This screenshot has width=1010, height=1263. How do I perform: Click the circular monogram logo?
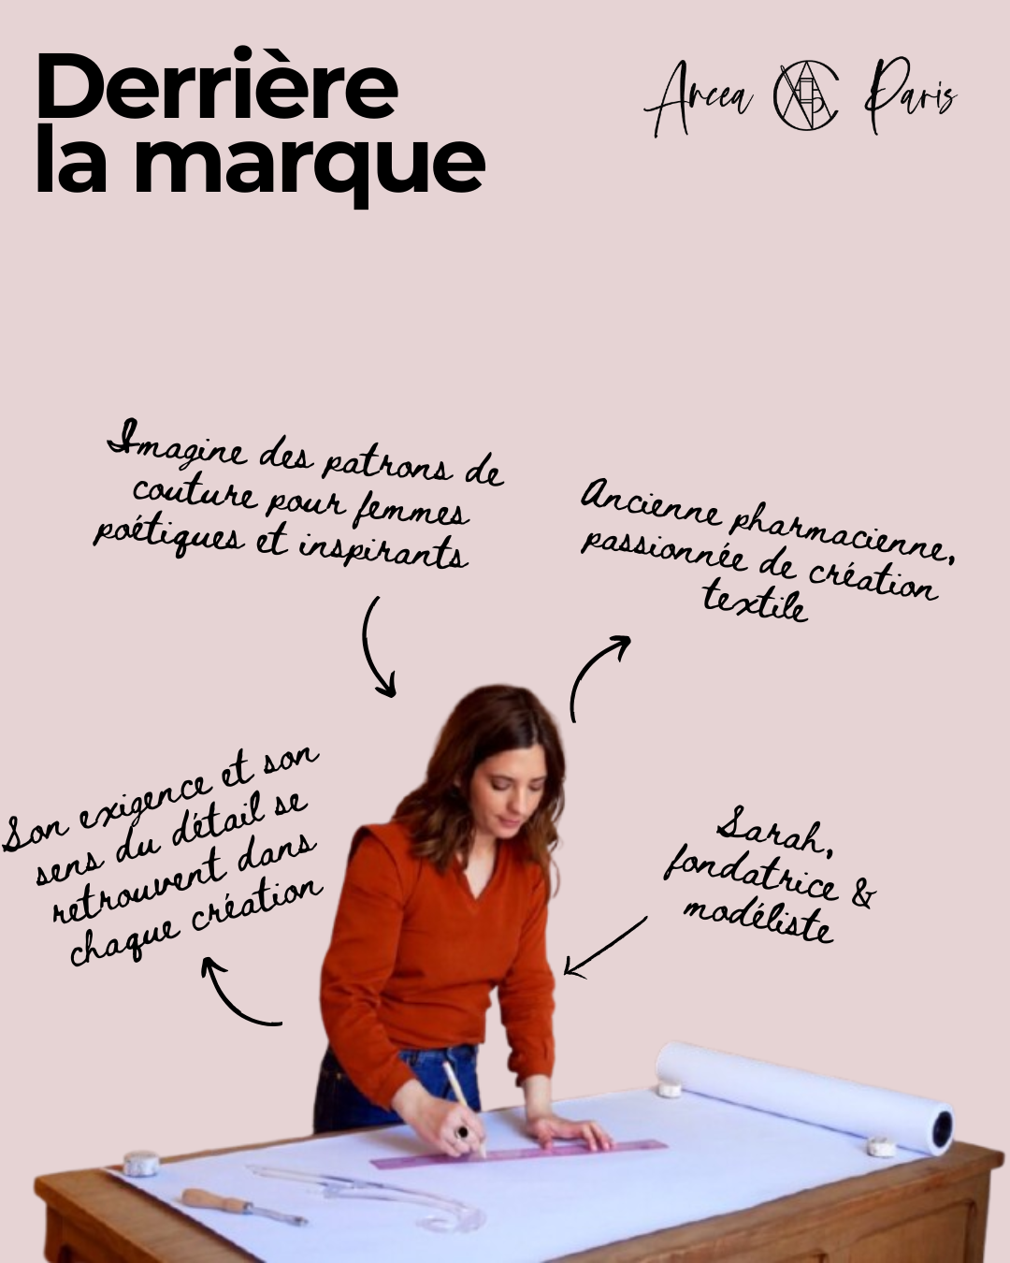(806, 96)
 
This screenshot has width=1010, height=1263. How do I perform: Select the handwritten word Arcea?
(700, 98)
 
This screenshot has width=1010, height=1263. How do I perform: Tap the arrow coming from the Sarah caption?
(604, 946)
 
